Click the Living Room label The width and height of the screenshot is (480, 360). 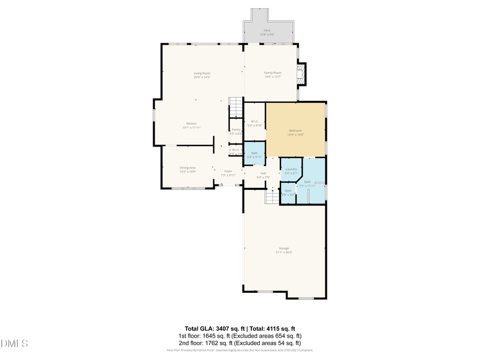click(x=202, y=73)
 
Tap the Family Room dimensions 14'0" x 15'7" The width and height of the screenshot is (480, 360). click(x=273, y=77)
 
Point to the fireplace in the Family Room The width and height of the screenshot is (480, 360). click(x=302, y=74)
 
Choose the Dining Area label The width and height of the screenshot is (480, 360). click(x=188, y=167)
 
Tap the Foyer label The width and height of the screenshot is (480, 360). click(x=228, y=171)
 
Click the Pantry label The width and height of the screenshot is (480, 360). click(x=235, y=130)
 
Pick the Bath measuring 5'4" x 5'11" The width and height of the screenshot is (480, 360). click(x=254, y=154)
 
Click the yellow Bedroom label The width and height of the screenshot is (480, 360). click(x=295, y=131)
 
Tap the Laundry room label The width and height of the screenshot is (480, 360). click(x=291, y=170)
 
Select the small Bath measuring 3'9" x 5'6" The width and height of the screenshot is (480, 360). click(x=288, y=191)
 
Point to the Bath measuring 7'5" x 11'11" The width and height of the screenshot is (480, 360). click(x=307, y=182)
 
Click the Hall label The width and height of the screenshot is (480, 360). click(x=263, y=173)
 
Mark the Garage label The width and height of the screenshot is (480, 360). click(x=284, y=248)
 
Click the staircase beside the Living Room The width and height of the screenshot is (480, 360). click(x=235, y=108)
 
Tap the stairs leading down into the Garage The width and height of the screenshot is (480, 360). click(x=272, y=197)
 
